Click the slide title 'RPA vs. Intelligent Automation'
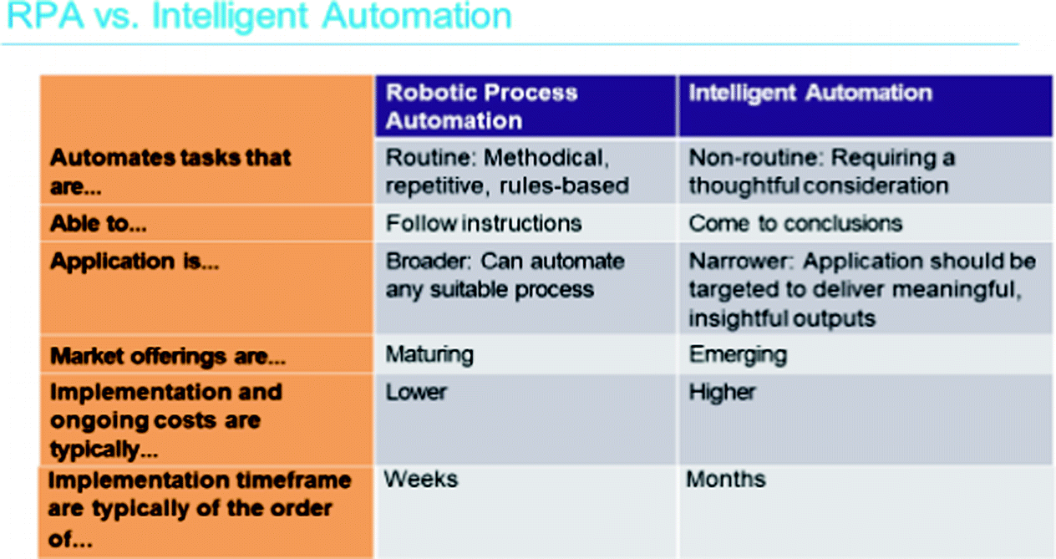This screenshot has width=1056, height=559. [259, 17]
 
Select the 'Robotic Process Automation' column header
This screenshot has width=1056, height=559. [481, 106]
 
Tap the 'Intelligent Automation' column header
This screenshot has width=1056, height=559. [810, 93]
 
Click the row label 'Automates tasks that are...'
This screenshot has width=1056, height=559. [170, 172]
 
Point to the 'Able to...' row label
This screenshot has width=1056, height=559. [98, 223]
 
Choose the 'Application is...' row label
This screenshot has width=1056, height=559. [135, 262]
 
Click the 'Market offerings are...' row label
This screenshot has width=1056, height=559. [168, 356]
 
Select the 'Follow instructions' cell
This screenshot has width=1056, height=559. [484, 223]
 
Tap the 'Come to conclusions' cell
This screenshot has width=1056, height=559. [795, 223]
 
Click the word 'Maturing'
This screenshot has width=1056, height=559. [429, 355]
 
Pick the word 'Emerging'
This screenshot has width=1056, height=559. [738, 355]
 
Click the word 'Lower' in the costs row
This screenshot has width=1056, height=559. [416, 392]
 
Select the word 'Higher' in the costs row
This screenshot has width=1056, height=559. [722, 392]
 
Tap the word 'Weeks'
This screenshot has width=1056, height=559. [420, 480]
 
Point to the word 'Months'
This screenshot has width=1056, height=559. [725, 480]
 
